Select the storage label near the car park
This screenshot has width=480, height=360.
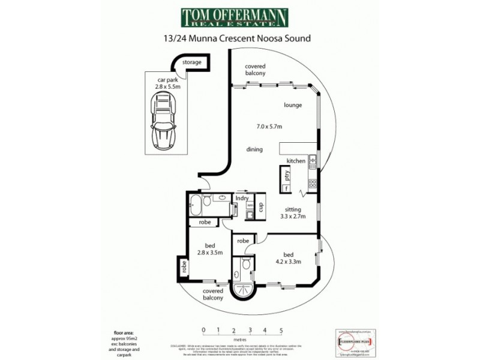point(192,62)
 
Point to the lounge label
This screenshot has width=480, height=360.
point(292,105)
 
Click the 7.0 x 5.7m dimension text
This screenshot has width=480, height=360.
point(269,126)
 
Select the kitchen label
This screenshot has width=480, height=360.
point(296,161)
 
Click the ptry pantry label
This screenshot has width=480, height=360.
point(287,176)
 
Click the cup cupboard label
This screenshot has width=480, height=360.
point(261,206)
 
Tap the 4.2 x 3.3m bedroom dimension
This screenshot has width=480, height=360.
point(288,262)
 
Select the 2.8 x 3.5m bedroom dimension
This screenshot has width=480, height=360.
point(210,253)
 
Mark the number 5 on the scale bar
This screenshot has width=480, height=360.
point(280,330)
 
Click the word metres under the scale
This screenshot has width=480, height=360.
point(242,339)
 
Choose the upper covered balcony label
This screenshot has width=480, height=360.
point(255,69)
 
